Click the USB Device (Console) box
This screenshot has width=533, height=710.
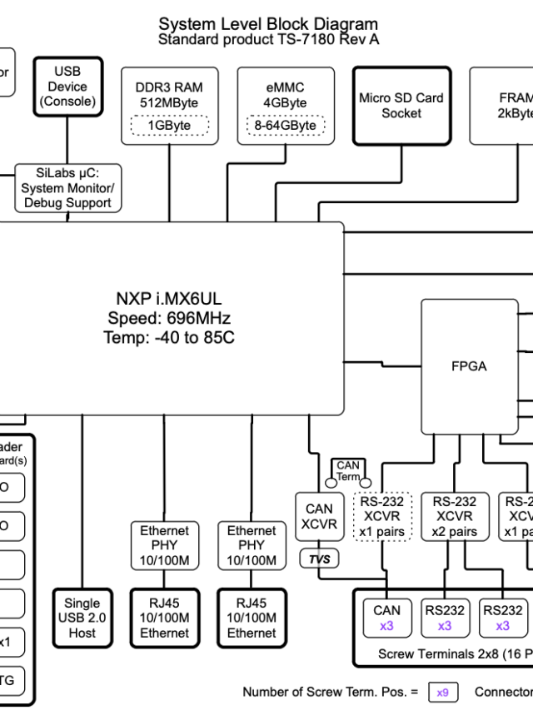(67, 87)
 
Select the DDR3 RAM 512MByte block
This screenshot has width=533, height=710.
(169, 95)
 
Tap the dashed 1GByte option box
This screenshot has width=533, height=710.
(169, 126)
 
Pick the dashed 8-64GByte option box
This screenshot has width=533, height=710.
(285, 126)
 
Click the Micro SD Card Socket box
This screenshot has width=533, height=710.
(401, 106)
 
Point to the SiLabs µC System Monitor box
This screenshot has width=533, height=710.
(67, 188)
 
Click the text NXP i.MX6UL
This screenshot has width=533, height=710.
(169, 299)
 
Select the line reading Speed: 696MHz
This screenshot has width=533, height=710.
(169, 318)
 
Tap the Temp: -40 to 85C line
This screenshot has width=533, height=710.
(169, 337)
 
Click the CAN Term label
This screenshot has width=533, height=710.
(348, 471)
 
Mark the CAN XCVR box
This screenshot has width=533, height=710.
(319, 516)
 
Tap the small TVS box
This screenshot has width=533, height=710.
(320, 559)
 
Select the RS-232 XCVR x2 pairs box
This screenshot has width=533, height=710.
(454, 516)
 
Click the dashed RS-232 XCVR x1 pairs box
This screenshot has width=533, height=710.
(383, 516)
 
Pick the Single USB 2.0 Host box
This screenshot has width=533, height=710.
(82, 618)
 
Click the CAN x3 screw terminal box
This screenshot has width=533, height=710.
(386, 618)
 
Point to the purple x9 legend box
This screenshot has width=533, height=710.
(443, 692)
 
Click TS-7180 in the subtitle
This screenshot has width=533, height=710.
(305, 39)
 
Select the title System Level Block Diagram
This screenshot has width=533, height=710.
(268, 24)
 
